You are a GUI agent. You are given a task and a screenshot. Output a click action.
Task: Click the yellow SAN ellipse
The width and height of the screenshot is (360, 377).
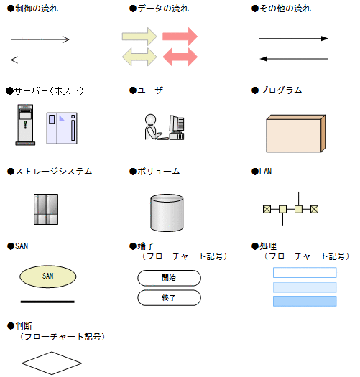pos(48,276)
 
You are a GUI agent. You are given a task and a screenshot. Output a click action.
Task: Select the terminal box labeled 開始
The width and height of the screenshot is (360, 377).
pos(169,278)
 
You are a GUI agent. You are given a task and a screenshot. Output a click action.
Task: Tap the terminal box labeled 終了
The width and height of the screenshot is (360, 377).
pos(169,298)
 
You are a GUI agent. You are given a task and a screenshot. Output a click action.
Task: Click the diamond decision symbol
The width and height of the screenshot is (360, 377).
pos(52,363)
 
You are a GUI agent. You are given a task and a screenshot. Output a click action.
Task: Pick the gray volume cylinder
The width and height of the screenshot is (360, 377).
pos(167,213)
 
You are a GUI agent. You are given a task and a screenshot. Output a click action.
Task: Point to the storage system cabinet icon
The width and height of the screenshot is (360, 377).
pos(46,209)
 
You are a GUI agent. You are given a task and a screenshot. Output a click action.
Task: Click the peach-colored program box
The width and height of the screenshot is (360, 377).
pos(296,134)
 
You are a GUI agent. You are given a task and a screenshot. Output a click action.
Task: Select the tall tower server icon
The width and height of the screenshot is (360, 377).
pos(25,125)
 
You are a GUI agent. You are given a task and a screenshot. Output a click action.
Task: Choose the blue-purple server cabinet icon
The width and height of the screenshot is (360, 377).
pos(62,129)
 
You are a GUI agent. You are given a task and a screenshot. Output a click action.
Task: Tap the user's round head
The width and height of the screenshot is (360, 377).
pos(151,119)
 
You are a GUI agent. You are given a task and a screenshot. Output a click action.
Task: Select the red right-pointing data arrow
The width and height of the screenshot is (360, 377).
pos(180,37)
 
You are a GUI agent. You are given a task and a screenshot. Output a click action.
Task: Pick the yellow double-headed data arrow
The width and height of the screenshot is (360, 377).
pos(139,57)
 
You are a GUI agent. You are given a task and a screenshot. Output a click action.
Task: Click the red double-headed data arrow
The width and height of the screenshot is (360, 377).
pos(180,57)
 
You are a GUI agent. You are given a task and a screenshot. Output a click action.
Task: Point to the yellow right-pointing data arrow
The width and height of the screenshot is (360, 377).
pos(139,37)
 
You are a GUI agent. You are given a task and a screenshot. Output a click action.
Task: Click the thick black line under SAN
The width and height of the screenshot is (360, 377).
pos(47,302)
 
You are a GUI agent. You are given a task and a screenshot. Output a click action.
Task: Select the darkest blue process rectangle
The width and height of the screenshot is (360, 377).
pos(305,302)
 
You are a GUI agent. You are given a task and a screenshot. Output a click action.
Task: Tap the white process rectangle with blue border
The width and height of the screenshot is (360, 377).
pos(305,273)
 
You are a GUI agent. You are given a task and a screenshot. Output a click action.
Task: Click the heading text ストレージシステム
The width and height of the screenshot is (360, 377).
pos(54,172)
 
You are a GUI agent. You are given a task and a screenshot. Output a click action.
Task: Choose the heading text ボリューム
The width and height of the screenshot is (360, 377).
pos(159,172)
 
